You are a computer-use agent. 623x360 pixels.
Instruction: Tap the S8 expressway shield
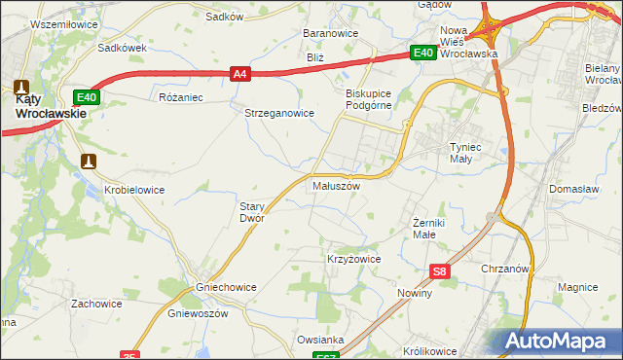click(440, 273)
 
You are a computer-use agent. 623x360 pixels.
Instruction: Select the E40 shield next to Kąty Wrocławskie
click(86, 97)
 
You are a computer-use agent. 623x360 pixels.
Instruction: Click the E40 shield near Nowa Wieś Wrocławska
click(421, 54)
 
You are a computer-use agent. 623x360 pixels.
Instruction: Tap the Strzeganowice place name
click(278, 113)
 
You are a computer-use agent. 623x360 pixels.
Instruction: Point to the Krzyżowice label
click(352, 260)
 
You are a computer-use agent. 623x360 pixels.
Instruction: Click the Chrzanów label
click(504, 269)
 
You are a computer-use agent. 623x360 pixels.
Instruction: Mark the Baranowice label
click(331, 33)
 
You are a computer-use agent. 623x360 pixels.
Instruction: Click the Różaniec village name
click(180, 97)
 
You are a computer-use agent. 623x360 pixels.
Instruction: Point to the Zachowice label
click(95, 304)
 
